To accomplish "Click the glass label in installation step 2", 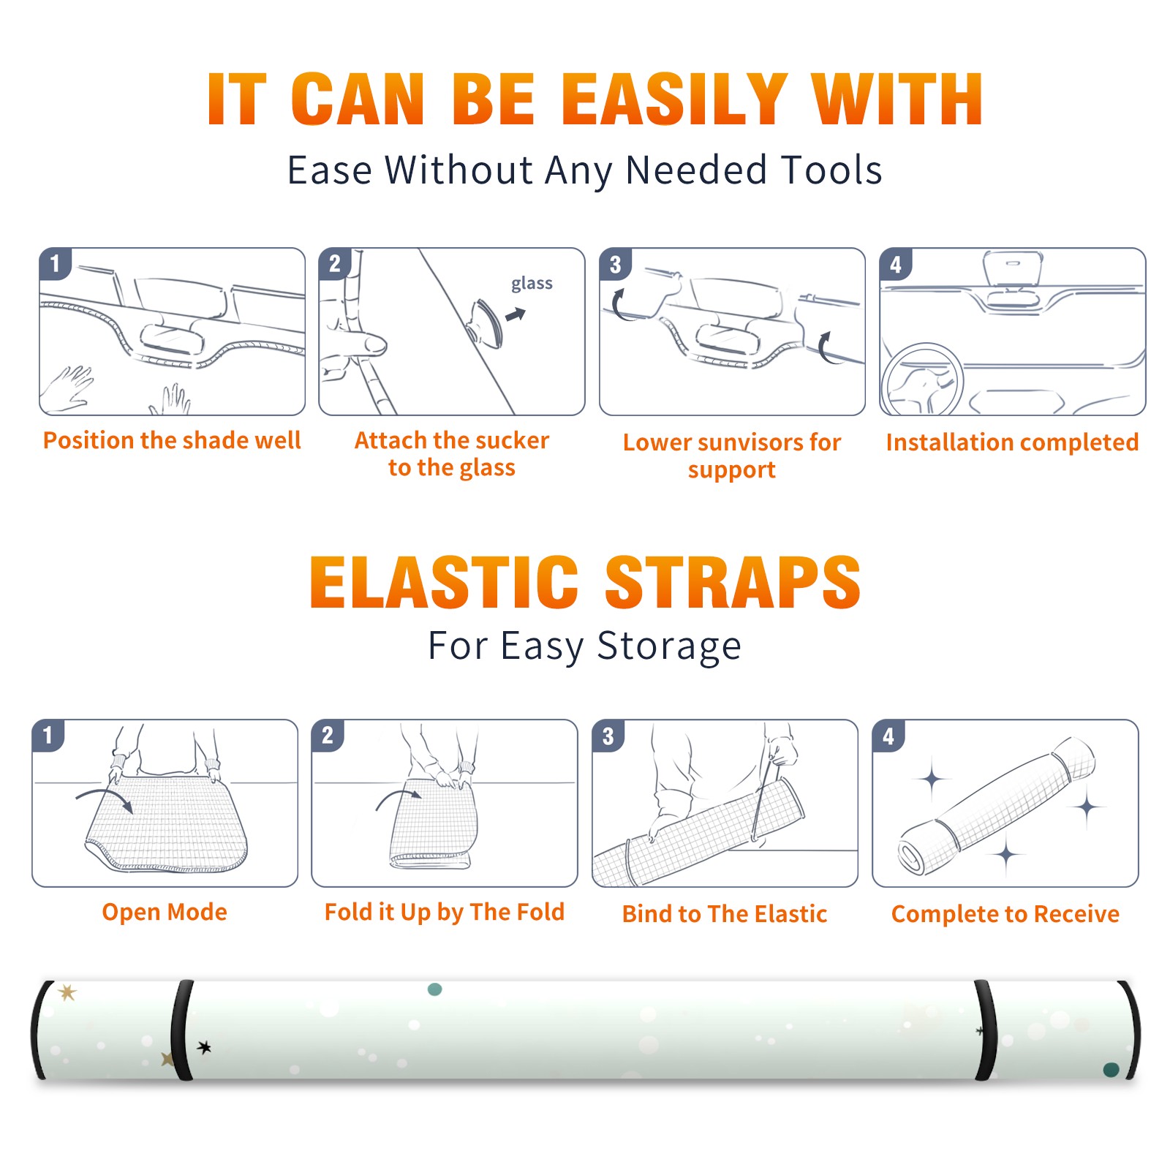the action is [x=532, y=284].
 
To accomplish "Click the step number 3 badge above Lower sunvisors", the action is [x=615, y=264].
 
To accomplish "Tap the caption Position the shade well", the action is [x=172, y=440].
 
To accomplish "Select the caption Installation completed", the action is [x=1012, y=442].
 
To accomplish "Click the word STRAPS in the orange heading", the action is [x=733, y=582].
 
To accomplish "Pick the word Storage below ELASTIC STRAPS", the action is [x=669, y=646].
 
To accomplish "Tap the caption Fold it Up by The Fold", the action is [x=445, y=912].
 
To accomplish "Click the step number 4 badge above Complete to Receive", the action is [x=888, y=736].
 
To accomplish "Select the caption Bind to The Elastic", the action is [x=725, y=914].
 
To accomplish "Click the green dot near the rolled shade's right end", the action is [x=1111, y=1070].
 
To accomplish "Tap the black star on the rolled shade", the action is [x=205, y=1047].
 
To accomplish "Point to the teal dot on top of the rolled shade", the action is [x=434, y=989].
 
